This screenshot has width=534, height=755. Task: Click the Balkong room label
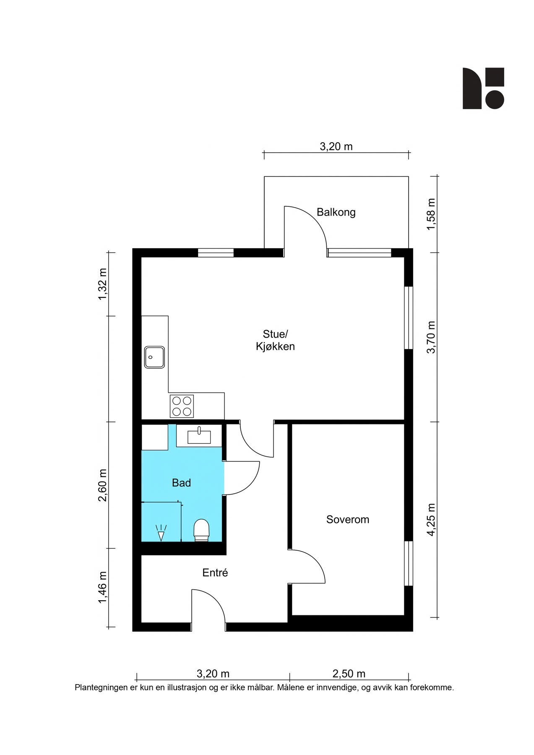(336, 212)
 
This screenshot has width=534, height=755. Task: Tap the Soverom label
(348, 519)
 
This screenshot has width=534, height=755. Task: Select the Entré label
(215, 573)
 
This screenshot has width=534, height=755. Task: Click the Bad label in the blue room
(181, 483)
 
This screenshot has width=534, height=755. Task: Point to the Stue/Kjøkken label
(275, 340)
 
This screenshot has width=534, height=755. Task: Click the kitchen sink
(154, 357)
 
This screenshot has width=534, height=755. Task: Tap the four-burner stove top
(182, 406)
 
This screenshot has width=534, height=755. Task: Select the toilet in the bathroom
(201, 530)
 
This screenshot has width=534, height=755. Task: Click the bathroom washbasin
(199, 436)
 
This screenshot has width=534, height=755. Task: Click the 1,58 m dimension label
(431, 214)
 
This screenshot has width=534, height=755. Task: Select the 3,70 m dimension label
(431, 337)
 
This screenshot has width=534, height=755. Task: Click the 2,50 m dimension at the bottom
(349, 674)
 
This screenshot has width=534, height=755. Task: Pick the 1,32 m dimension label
(102, 284)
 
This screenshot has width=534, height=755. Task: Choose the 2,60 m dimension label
(102, 485)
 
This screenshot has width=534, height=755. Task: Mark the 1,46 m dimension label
(102, 588)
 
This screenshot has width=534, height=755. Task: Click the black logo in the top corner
(483, 89)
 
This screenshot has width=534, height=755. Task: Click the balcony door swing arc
(314, 218)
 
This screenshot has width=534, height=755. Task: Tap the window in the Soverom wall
(409, 563)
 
